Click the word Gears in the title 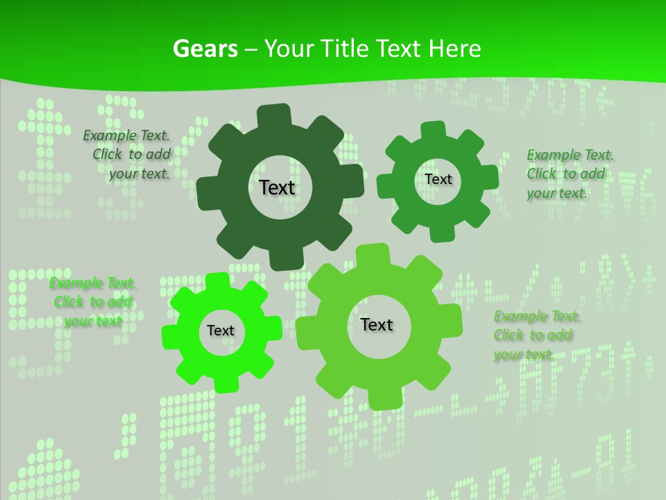coord(205,49)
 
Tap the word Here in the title coord(454,49)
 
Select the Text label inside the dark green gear coord(277,187)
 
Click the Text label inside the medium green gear coord(438,179)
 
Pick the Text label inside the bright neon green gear coord(221,331)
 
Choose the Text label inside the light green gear coord(377,324)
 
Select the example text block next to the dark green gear coord(129,155)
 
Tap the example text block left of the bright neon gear coord(93,302)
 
